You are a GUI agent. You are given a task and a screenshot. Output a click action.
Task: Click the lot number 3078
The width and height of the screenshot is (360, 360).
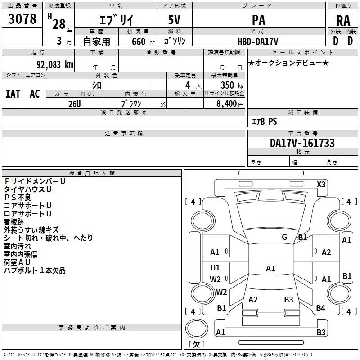(22, 19)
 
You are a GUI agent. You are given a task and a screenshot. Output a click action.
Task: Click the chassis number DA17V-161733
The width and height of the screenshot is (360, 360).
(302, 144)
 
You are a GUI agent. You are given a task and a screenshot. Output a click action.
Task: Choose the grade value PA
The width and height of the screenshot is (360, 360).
(259, 21)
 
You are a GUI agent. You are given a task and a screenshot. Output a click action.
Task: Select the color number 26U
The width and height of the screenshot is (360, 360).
(74, 103)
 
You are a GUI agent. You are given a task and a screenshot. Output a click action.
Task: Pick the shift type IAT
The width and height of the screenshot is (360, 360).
(13, 94)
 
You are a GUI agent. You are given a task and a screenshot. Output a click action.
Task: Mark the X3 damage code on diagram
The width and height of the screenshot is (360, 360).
(321, 184)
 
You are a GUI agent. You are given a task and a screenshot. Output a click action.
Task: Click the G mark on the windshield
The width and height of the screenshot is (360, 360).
(284, 238)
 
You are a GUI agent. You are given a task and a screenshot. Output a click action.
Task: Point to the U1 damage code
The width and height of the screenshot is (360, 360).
(215, 268)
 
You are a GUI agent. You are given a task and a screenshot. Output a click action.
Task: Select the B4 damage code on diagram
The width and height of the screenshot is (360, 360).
(320, 308)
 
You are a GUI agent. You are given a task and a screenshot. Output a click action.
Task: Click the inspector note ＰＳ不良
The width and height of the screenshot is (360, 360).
(18, 197)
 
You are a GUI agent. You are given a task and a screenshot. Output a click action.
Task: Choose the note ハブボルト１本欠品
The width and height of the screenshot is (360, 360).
(35, 270)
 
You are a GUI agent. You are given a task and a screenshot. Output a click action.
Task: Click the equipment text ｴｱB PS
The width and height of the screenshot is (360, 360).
(264, 121)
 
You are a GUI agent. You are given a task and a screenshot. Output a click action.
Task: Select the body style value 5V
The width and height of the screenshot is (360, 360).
(175, 21)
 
